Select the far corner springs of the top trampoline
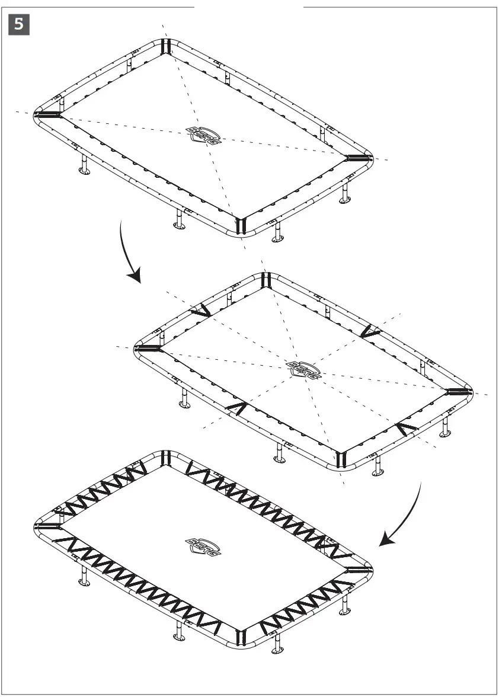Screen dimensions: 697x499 coord(166,47)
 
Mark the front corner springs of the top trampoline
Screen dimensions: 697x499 coord(240,225)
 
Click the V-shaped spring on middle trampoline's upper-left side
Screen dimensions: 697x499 coord(200,311)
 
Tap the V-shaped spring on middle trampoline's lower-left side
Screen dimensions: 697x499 coord(236,408)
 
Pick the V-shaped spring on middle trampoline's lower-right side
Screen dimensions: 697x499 coord(408,429)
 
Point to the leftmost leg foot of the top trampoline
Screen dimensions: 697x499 coord(84,172)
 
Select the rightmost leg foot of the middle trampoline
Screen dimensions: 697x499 coord(444,433)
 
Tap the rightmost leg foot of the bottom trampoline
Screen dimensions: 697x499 coord(344,614)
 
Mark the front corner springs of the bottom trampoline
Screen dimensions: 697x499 coord(240,637)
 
